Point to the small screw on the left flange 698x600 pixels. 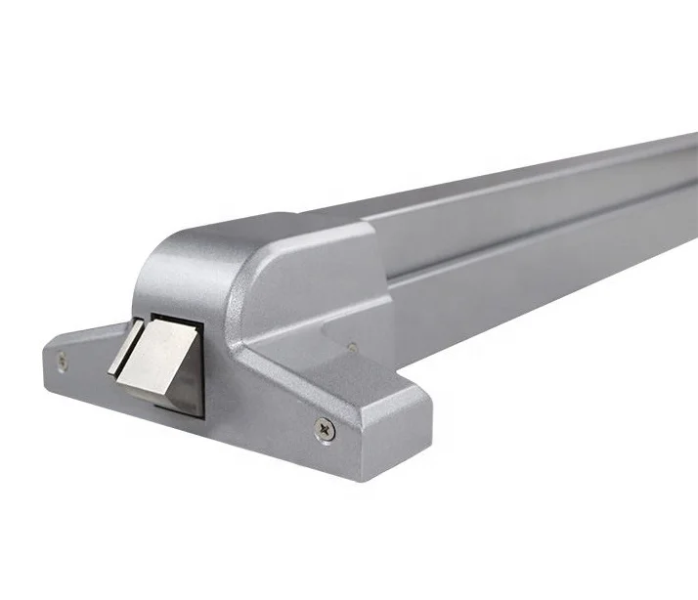point(63,361)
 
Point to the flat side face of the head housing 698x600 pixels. point(293,293)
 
